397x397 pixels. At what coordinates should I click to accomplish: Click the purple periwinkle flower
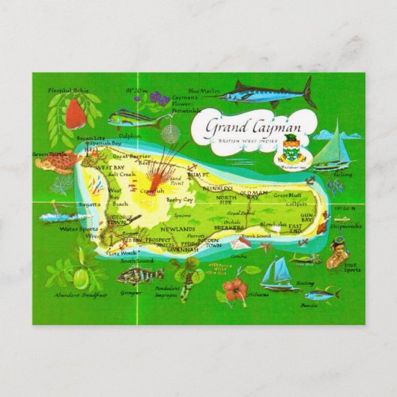click(159, 97)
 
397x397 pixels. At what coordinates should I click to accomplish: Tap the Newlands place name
click(179, 228)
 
